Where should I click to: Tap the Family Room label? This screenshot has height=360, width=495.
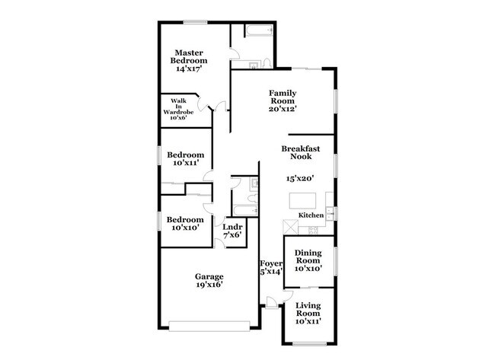click(x=282, y=100)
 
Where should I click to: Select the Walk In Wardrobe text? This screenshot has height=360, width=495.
click(x=179, y=110)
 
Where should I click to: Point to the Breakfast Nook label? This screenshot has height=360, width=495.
click(x=297, y=152)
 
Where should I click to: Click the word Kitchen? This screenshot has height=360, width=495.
click(x=311, y=216)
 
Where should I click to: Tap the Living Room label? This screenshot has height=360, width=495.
click(x=308, y=313)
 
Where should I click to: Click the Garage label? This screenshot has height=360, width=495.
click(x=208, y=280)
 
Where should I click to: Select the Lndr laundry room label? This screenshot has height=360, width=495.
click(x=232, y=231)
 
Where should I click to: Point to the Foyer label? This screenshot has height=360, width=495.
click(x=271, y=267)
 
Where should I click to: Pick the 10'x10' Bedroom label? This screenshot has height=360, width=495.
click(x=185, y=223)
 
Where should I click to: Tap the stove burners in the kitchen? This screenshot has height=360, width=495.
click(x=313, y=229)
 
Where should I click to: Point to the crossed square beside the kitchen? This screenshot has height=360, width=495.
click(x=289, y=228)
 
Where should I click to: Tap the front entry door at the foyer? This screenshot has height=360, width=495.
click(x=270, y=305)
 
